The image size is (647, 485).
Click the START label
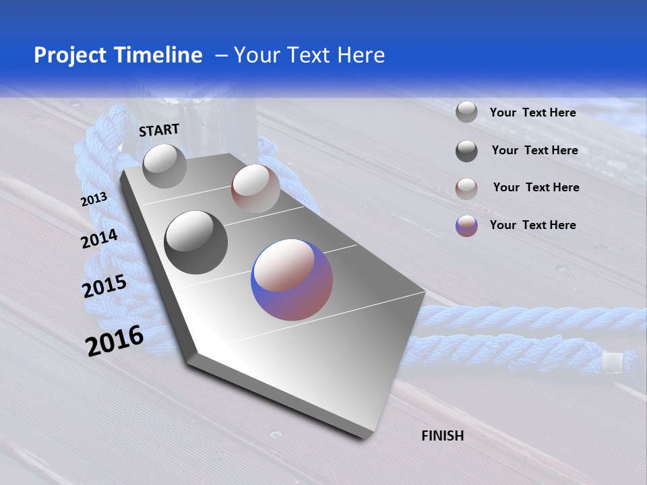click(x=159, y=130)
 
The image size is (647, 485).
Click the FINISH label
click(x=443, y=436)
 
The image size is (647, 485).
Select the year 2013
click(x=94, y=199)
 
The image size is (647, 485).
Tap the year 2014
click(x=100, y=238)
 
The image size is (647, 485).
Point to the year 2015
click(x=104, y=286)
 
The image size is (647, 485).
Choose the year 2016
click(x=115, y=341)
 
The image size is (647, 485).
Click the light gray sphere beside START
click(x=164, y=166)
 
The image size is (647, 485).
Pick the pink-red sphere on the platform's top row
click(x=255, y=188)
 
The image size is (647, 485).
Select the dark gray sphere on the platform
click(x=195, y=243)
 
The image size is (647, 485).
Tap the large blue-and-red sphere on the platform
click(x=292, y=280)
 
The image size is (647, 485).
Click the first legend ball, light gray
click(x=466, y=112)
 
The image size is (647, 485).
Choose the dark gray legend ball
click(x=466, y=151)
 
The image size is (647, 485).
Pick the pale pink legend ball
click(x=466, y=189)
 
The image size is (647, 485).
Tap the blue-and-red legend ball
click(x=466, y=226)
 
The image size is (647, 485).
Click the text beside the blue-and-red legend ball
click(x=532, y=225)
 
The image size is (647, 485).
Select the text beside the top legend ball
click(x=532, y=112)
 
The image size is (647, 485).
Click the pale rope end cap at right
click(x=612, y=364)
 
